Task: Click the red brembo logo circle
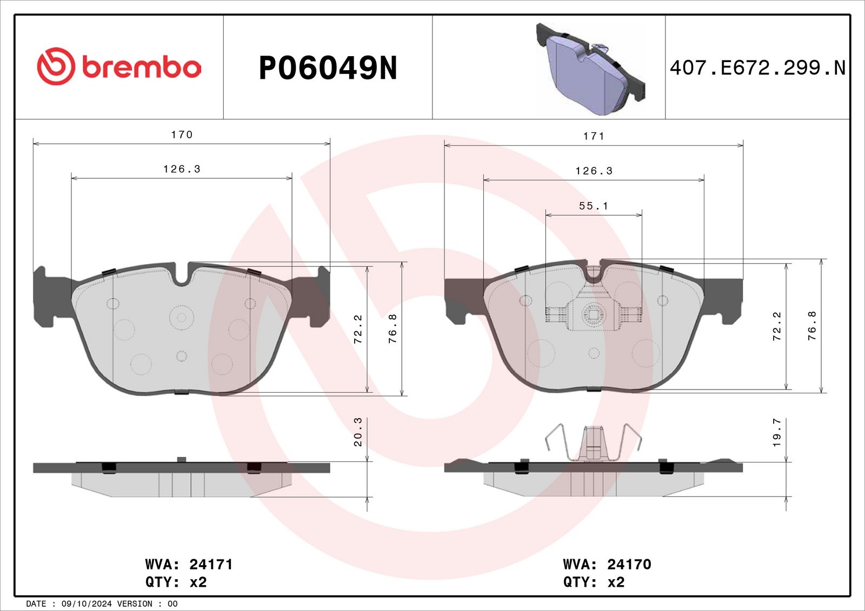(x=56, y=66)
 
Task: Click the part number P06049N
(x=328, y=68)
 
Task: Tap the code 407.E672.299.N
(x=757, y=68)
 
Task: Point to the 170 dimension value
(x=182, y=135)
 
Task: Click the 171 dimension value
(x=594, y=136)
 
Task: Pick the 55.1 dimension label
(x=594, y=206)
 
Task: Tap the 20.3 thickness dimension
(x=357, y=432)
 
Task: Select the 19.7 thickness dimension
(x=777, y=432)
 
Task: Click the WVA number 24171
(x=211, y=565)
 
